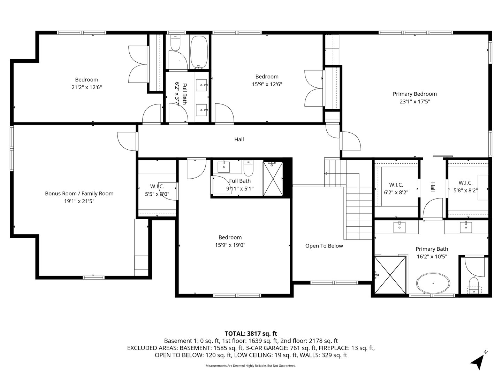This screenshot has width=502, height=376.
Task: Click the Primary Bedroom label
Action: click(414, 94)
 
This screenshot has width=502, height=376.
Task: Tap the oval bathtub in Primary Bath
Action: click(433, 283)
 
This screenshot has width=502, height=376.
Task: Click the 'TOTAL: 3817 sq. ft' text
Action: click(251, 334)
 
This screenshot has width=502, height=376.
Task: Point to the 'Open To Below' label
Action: click(324, 246)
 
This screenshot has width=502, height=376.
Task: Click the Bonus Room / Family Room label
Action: click(79, 194)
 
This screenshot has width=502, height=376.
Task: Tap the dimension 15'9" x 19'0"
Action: click(230, 245)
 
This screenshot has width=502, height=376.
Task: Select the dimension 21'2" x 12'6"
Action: click(86, 87)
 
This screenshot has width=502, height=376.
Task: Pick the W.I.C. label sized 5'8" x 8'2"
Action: click(465, 183)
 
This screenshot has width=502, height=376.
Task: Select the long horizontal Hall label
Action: click(239, 140)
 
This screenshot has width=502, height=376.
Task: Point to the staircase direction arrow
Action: click(327, 173)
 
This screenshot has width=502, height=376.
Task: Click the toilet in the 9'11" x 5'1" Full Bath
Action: click(248, 169)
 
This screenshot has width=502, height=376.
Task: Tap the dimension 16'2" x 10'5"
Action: click(432, 257)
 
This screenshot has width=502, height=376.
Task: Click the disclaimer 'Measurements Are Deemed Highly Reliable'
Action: click(251, 366)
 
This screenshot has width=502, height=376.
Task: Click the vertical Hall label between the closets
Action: click(433, 187)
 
